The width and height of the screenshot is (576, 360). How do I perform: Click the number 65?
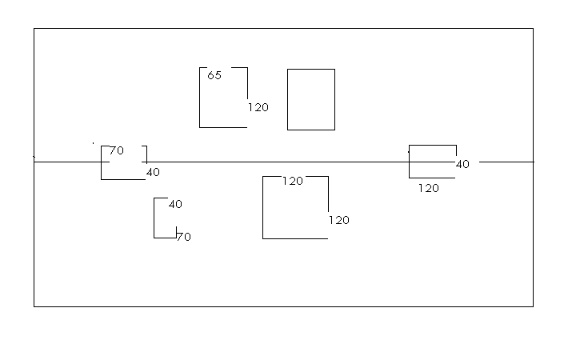214,76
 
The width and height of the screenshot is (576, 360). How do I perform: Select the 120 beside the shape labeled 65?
258,107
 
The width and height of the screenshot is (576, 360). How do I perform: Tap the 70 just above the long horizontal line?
117,150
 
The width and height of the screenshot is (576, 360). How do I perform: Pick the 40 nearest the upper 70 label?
153,172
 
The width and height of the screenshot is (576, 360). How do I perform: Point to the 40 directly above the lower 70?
175,204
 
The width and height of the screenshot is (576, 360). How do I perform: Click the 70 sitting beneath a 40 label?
184,237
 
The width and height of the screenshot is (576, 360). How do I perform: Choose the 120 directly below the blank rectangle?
293,181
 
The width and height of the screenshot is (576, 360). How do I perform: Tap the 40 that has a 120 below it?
462,164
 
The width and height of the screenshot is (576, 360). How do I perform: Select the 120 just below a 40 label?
429,189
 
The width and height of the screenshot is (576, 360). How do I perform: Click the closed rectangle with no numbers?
310,99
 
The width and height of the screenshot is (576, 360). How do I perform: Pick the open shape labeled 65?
223,98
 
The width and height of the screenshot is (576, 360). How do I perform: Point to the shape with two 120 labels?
295,208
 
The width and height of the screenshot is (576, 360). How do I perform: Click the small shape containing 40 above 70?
165,218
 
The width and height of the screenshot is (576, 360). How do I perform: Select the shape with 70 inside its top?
123,163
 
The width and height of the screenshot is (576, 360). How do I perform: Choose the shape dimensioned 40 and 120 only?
432,162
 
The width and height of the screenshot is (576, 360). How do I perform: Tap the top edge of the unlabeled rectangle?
310,70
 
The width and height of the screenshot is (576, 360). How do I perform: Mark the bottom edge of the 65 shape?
223,126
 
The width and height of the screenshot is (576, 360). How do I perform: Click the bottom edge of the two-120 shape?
295,238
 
